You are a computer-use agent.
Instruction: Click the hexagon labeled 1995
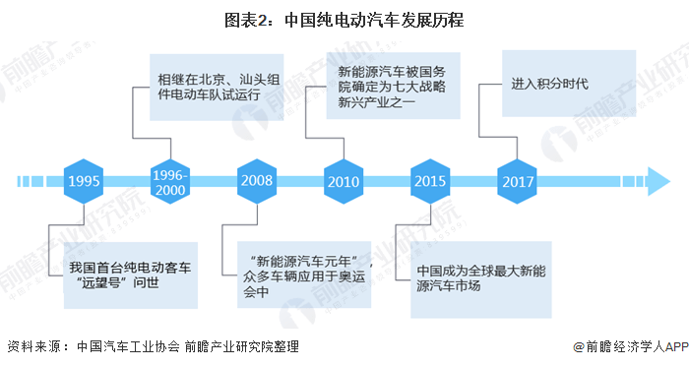point(84,182)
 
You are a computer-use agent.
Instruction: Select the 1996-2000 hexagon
point(171,182)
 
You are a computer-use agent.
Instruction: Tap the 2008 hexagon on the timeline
point(256,182)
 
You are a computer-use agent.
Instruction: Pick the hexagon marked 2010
point(343,182)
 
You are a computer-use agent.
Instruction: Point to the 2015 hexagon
point(430,182)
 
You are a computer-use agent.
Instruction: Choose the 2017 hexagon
point(517,182)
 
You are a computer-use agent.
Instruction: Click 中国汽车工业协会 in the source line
point(127,346)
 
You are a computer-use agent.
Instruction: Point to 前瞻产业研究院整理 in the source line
point(240,346)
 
